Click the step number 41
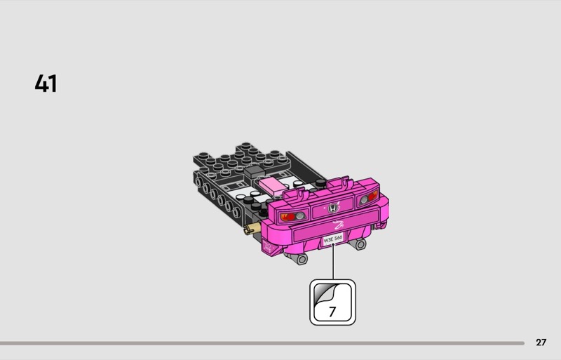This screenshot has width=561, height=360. tap(46, 84)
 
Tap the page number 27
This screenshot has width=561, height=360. tap(541, 342)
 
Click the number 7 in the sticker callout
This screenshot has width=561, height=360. tap(332, 312)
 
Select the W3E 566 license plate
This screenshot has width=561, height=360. tap(332, 239)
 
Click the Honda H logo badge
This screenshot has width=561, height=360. tap(332, 208)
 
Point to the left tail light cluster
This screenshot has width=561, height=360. tap(293, 216)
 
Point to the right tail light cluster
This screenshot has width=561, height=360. tap(368, 197)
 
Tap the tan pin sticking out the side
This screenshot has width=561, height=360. tap(252, 228)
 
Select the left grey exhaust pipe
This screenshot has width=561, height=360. tap(299, 258)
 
